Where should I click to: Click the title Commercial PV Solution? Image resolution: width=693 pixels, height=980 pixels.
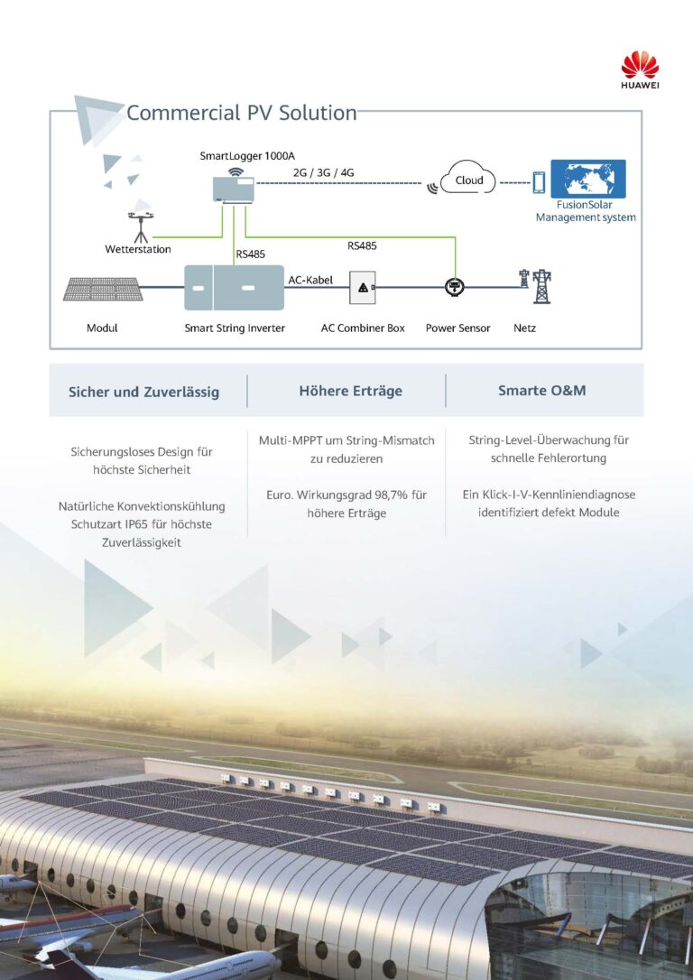[241, 113]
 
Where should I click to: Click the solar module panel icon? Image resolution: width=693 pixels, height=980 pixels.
[103, 289]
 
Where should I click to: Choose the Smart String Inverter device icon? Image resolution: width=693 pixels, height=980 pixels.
[235, 288]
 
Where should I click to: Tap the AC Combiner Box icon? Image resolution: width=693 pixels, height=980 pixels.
[363, 288]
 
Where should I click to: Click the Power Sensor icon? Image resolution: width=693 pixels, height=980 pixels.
[454, 287]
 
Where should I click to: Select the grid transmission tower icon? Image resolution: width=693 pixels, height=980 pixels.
[537, 286]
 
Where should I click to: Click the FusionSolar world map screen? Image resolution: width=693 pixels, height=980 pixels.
[588, 179]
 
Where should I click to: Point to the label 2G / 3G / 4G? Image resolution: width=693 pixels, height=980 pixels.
[324, 172]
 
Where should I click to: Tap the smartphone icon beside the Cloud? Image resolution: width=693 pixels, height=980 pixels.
[539, 182]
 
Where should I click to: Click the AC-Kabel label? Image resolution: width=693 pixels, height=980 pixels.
[310, 280]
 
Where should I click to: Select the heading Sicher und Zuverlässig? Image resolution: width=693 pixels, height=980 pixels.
[143, 392]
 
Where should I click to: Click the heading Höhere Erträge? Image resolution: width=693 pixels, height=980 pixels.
[351, 392]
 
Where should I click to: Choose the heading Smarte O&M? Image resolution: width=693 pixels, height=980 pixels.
[541, 391]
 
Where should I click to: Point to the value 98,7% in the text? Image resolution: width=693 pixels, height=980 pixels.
[392, 495]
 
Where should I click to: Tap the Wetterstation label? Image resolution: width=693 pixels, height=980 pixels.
[137, 249]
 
